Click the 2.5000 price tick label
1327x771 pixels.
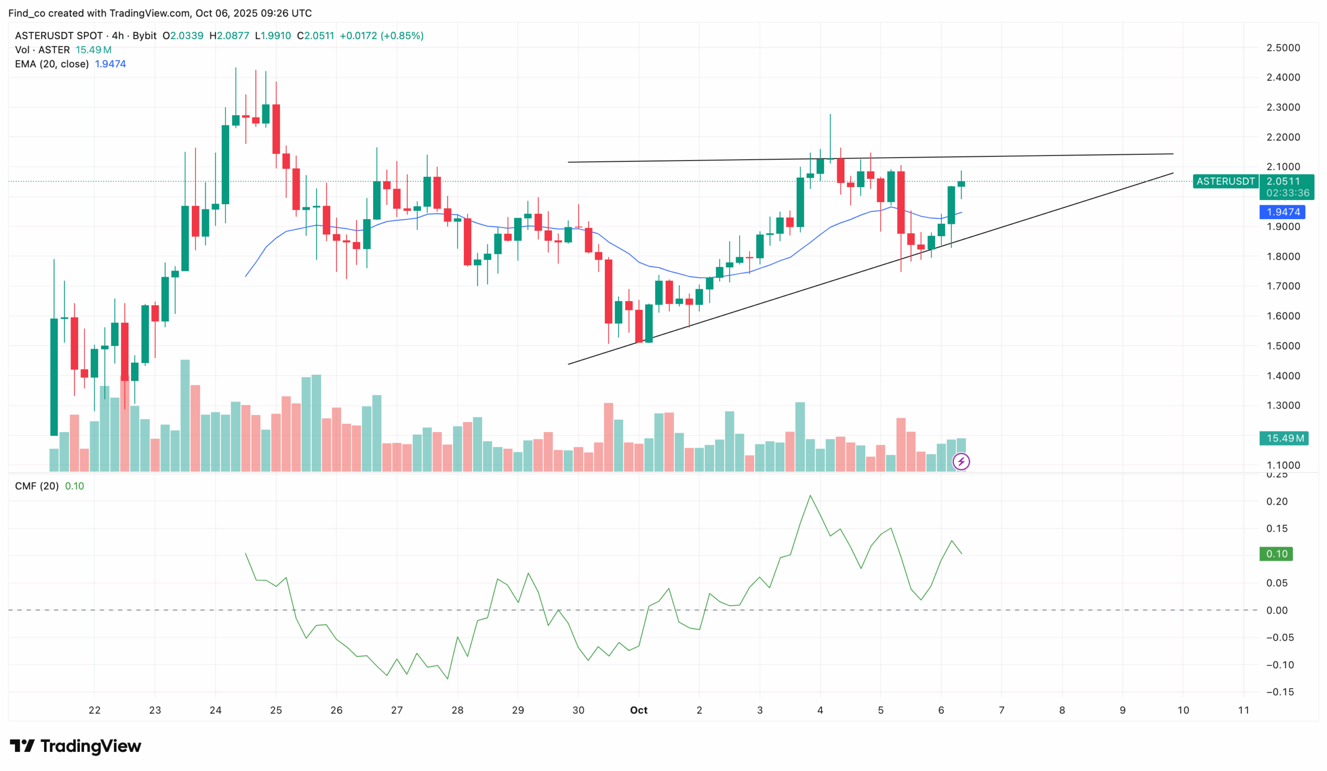point(1283,47)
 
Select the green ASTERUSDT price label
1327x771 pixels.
point(1225,181)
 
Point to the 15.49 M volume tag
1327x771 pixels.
point(1283,438)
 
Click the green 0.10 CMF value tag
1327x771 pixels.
point(1276,554)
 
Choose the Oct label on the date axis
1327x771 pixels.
point(639,710)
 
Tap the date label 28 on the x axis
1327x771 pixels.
point(457,710)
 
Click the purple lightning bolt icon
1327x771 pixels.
point(961,462)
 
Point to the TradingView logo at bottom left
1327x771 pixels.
point(75,746)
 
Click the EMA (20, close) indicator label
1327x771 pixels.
point(52,64)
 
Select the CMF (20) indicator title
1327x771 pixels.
point(37,486)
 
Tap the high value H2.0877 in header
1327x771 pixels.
point(229,36)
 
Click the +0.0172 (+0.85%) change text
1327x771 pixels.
point(381,36)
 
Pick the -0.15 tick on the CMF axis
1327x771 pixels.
point(1280,692)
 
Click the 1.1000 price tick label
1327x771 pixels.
point(1283,465)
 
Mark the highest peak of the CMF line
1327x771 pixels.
point(810,495)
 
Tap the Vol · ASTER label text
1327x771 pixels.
point(42,50)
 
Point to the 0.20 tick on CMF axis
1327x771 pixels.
point(1276,501)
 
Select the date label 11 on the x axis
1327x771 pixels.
point(1243,710)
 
